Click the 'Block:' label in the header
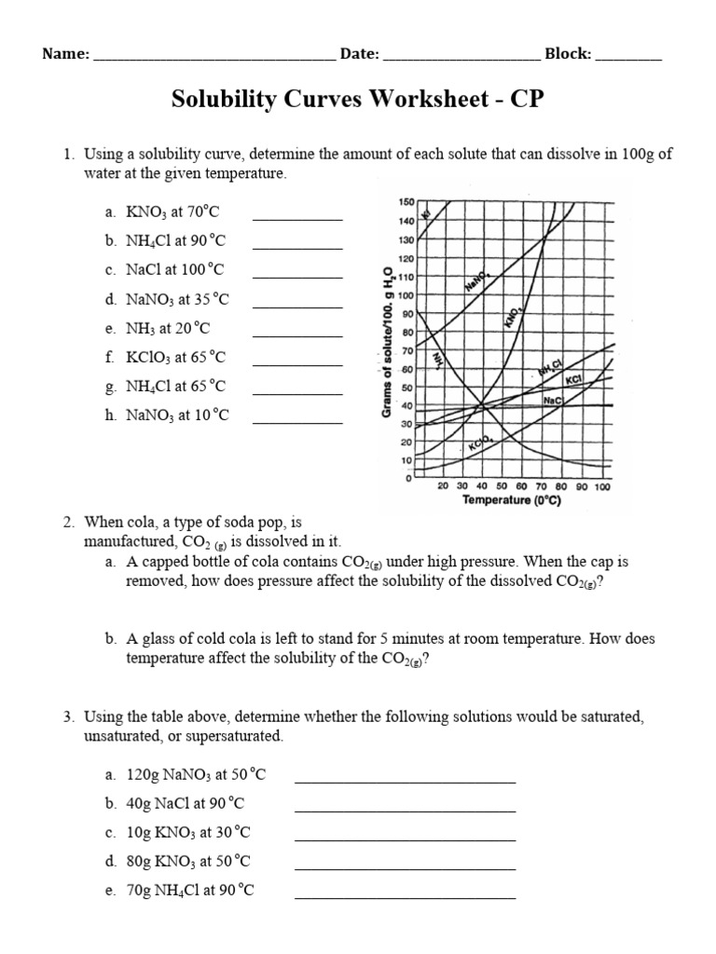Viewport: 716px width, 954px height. (x=568, y=54)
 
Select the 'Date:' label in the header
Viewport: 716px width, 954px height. (x=359, y=54)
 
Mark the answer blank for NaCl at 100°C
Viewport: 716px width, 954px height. (x=297, y=278)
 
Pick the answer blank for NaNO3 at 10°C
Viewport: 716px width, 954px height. (x=297, y=422)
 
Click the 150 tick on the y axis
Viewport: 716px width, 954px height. (x=406, y=202)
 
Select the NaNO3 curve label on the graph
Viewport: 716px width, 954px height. (x=478, y=279)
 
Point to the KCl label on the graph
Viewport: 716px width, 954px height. (x=573, y=380)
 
